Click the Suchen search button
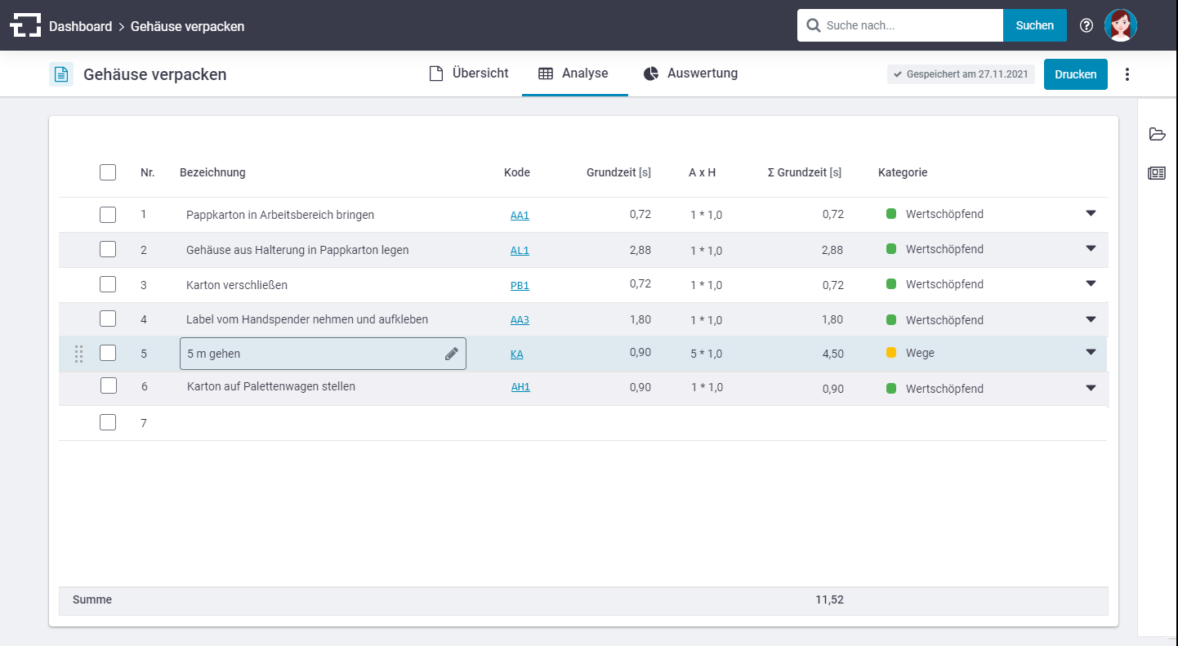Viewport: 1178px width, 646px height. tap(1034, 25)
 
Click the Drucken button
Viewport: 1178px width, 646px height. tap(1075, 74)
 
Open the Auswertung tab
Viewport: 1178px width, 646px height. tap(690, 73)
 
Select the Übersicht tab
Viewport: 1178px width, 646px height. tap(469, 73)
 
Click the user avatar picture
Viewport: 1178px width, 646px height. tap(1121, 25)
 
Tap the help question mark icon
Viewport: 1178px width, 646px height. tap(1086, 25)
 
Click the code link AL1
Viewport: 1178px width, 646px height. tap(520, 250)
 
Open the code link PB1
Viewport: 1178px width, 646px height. tap(520, 285)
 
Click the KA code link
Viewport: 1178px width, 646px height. tap(516, 354)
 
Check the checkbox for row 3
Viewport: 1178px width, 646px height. tap(108, 284)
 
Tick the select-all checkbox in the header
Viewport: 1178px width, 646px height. tap(108, 172)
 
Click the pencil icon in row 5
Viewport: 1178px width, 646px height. tap(451, 354)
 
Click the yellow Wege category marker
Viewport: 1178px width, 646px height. tap(891, 353)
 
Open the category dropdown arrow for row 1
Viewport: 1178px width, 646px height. tap(1091, 213)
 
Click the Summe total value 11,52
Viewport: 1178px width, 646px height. tap(829, 599)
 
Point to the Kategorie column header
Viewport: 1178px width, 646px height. tap(903, 172)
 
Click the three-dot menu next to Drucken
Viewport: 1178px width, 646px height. tap(1127, 74)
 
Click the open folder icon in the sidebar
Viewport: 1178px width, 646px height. tap(1157, 134)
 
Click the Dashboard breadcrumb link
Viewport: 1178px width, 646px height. tap(80, 26)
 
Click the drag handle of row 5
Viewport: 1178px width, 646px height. tap(78, 354)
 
